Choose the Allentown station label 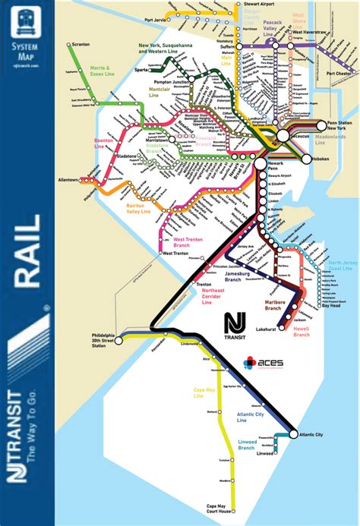click(x=68, y=179)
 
